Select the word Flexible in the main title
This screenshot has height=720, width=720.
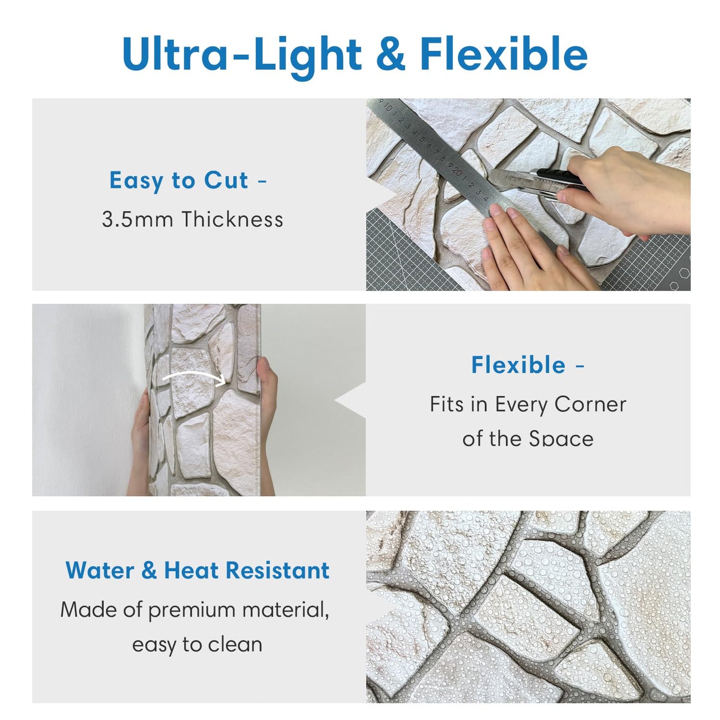point(503,53)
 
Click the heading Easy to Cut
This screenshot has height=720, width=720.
point(178,180)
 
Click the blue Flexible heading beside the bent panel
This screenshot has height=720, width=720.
point(518,365)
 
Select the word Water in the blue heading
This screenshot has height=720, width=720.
point(100,571)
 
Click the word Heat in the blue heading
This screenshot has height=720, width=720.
point(191,571)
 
